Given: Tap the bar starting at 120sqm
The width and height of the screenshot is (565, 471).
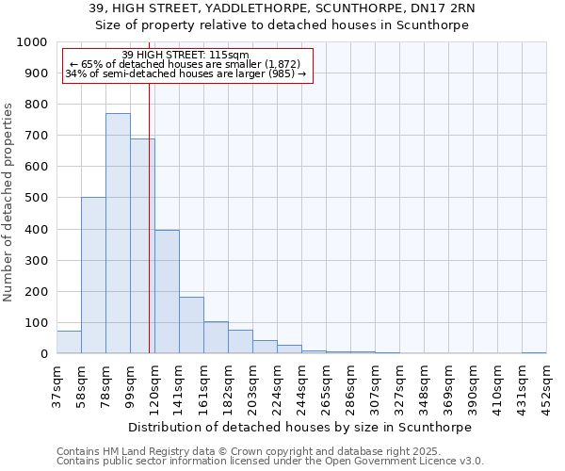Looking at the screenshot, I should click(x=167, y=292).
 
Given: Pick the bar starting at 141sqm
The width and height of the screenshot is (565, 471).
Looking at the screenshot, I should click(x=191, y=325).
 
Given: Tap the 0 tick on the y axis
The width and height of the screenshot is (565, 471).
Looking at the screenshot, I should click(x=44, y=354).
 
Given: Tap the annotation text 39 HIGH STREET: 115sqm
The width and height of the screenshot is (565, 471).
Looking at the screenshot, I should click(x=186, y=56).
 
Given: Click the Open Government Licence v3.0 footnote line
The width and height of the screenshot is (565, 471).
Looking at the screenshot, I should click(x=270, y=462).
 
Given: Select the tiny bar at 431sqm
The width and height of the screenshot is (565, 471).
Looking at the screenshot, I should click(x=534, y=352).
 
